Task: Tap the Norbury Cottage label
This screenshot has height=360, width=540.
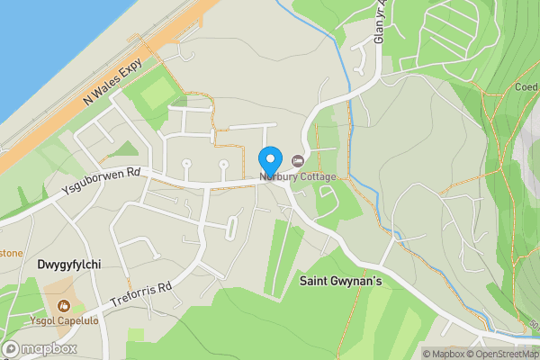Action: (x=298, y=176)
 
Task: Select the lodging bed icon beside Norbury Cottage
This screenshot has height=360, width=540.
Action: (x=297, y=161)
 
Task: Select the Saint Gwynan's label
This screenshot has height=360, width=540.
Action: (x=341, y=283)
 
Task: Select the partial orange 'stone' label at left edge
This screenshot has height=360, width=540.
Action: (x=11, y=253)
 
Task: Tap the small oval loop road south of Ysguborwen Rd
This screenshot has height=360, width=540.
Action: (x=231, y=228)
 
